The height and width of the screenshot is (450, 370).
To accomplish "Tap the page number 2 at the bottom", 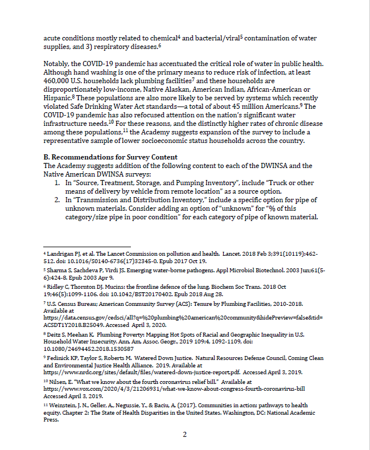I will [x=184, y=435].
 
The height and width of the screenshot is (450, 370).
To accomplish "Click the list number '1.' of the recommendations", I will [x=57, y=182].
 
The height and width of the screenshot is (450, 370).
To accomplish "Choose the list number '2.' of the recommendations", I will [x=57, y=201].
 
